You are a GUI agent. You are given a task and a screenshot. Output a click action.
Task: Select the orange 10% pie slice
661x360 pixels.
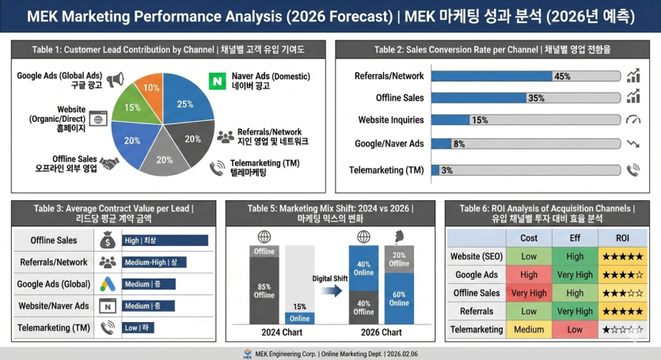pos(150,89)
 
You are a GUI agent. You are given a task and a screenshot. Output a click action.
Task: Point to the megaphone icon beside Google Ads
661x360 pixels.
pos(116,80)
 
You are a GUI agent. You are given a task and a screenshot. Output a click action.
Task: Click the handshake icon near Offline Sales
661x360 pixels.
pos(108,163)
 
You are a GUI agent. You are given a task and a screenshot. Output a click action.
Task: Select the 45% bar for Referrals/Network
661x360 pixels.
pos(492,77)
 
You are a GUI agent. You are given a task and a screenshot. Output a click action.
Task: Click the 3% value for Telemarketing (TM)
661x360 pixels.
pos(447,170)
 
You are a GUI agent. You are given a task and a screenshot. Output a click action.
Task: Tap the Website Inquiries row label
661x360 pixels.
pos(390,120)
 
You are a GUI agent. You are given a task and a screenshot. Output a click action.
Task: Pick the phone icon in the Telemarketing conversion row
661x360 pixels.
pos(633,169)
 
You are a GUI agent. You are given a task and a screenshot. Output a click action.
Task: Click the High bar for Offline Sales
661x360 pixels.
pos(165,241)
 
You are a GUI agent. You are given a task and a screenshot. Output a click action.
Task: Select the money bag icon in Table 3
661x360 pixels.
pos(108,240)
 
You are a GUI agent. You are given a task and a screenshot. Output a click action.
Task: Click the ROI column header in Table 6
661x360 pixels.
pos(623,237)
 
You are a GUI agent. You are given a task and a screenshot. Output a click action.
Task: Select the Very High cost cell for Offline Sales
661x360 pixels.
pos(529,293)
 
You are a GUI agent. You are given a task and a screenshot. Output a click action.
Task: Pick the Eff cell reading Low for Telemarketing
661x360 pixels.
pos(576,329)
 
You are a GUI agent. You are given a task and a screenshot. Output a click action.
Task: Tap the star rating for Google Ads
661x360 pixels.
pos(623,275)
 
